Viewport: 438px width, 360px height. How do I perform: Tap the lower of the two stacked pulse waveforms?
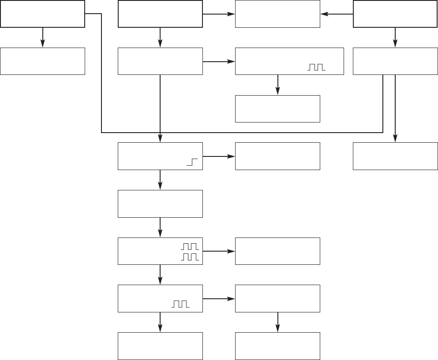point(191,257)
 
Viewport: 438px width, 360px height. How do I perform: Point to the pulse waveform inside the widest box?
point(315,67)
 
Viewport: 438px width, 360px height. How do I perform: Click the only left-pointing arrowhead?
point(324,14)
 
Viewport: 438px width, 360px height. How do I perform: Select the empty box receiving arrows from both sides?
point(277,14)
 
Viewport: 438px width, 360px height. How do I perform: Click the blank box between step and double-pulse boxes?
point(160,204)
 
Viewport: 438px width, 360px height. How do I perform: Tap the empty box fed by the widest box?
point(277,109)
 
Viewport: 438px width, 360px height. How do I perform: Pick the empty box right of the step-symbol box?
point(277,156)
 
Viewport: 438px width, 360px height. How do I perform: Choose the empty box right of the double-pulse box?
point(277,251)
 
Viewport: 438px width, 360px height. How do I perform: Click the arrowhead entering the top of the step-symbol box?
point(160,139)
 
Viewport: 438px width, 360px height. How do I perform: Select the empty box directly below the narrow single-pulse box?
point(160,346)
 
